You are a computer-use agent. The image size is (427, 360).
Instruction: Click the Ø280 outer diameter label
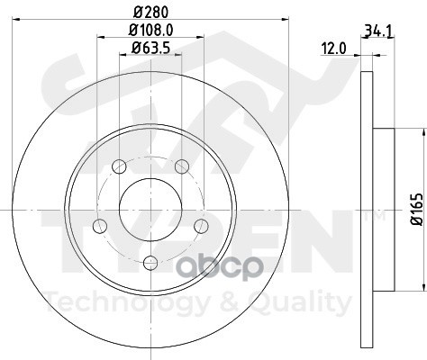tap(150, 12)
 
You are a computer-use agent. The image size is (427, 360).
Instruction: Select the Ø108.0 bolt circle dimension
tap(150, 30)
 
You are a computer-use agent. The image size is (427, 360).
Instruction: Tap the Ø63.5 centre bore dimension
tap(150, 48)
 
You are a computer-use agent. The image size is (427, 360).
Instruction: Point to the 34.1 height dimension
tap(378, 31)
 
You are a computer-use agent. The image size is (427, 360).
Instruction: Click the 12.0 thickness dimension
tap(333, 49)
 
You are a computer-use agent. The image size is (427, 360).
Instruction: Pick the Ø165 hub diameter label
tap(416, 209)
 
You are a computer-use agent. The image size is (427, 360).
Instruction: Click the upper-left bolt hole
tap(119, 166)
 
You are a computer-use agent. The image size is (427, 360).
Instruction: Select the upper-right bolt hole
tap(182, 166)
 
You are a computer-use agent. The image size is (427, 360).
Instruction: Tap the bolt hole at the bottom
tap(150, 263)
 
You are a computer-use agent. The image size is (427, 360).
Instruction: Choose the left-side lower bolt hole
tap(100, 226)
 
